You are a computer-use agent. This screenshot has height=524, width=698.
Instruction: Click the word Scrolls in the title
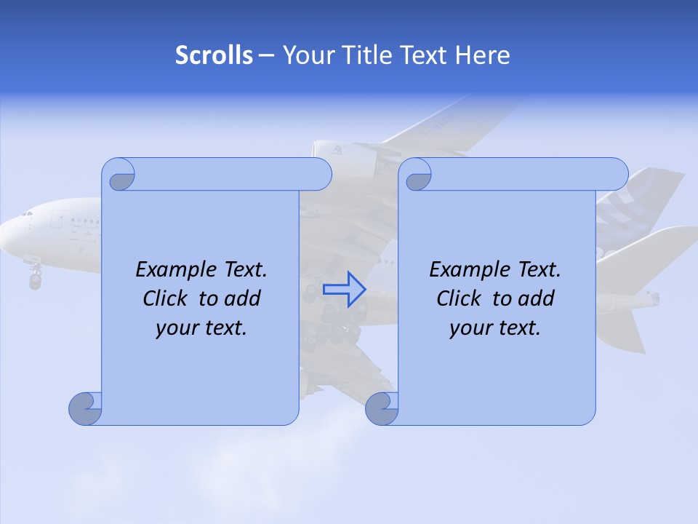pyautogui.click(x=214, y=55)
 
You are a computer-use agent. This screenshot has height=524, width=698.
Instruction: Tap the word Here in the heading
pyautogui.click(x=483, y=55)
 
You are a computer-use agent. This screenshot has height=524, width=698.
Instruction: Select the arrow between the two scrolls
pyautogui.click(x=345, y=289)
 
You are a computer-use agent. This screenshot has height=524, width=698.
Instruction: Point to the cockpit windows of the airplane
pyautogui.click(x=28, y=215)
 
